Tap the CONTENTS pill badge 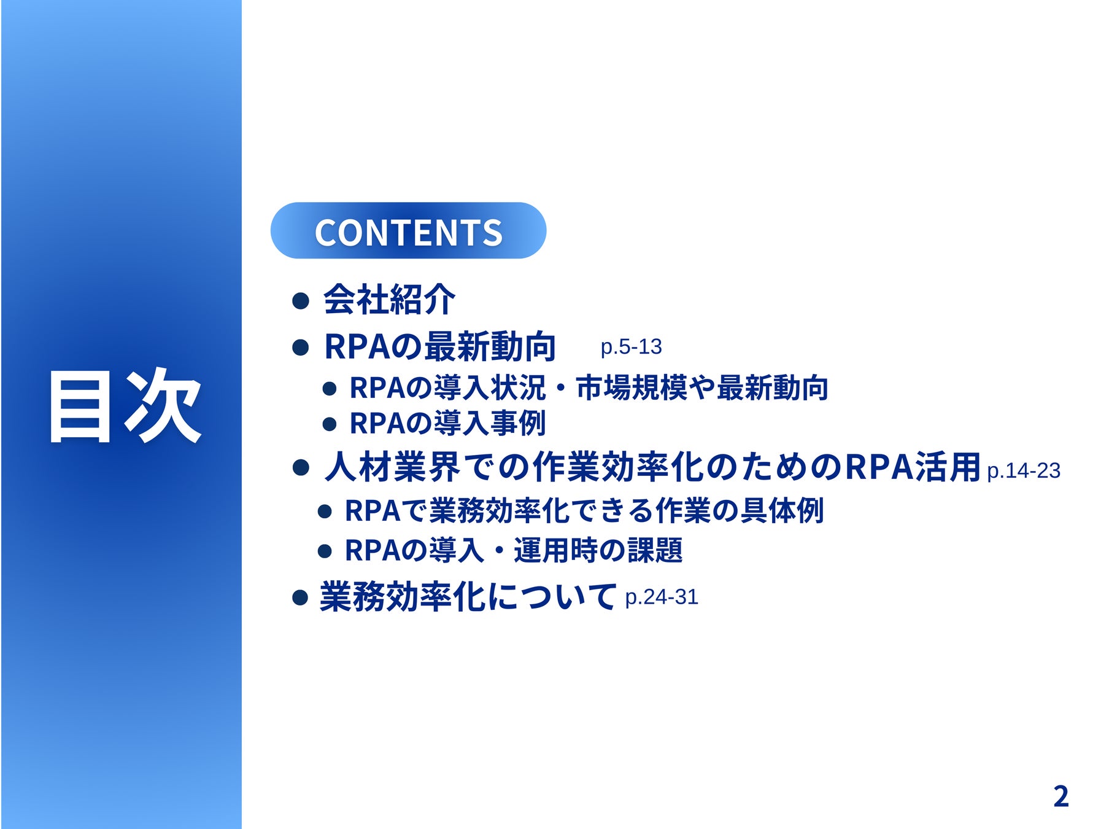(408, 230)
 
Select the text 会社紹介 (389, 300)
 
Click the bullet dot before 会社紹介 (301, 301)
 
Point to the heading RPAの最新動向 (439, 346)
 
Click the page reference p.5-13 (631, 347)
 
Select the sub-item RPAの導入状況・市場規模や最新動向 (589, 388)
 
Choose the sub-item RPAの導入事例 (447, 423)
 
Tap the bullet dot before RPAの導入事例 (330, 424)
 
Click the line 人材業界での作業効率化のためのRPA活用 (652, 467)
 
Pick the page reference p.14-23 (1024, 471)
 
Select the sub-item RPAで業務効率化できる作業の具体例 (584, 511)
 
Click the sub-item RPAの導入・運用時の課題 (514, 550)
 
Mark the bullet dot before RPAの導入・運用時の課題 (325, 551)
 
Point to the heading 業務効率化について (468, 596)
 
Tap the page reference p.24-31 (662, 597)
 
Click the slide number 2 (1061, 796)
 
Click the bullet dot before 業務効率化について (300, 597)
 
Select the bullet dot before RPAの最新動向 (301, 348)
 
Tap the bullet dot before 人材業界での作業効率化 (301, 469)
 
